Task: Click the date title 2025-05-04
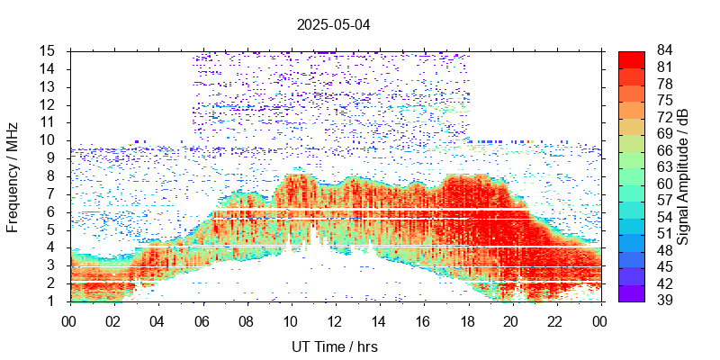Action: coord(334,24)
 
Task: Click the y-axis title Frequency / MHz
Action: coord(13,175)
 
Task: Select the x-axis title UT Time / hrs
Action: coord(334,346)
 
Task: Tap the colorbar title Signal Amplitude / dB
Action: coord(684,175)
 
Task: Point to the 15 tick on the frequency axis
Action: coord(50,50)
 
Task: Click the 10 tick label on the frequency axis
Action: coord(50,139)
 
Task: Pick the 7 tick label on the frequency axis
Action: coord(54,193)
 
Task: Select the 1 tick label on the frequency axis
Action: coord(54,301)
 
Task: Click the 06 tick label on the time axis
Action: coord(202,320)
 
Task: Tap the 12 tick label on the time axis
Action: coord(334,320)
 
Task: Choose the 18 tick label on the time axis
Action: coord(466,320)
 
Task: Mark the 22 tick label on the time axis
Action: coord(554,320)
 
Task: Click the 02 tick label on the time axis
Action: coord(113,320)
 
